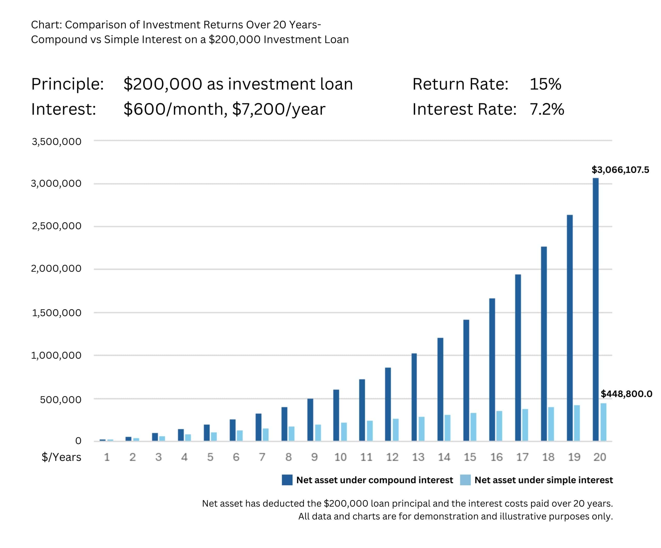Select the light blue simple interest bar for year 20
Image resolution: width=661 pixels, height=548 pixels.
[x=603, y=422]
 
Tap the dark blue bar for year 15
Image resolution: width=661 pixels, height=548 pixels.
[x=466, y=380]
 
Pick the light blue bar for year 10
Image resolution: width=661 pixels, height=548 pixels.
[x=344, y=431]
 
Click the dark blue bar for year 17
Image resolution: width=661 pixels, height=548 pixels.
[x=518, y=358]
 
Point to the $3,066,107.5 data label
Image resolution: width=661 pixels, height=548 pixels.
[x=620, y=170]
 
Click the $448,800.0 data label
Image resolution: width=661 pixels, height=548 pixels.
[x=626, y=394]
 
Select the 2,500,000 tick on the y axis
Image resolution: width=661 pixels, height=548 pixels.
[x=56, y=226]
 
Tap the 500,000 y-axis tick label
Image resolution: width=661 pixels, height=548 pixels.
[x=60, y=400]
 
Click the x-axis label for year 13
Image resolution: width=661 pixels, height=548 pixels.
[x=418, y=457]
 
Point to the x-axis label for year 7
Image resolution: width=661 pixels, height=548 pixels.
[x=262, y=457]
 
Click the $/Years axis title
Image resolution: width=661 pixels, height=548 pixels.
[x=61, y=457]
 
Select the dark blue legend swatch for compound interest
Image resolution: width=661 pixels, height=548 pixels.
[x=287, y=480]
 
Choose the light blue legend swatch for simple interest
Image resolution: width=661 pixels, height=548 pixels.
[x=465, y=480]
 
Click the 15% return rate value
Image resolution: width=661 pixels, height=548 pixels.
[x=545, y=84]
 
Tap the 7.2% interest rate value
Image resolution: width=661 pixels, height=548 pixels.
[x=547, y=109]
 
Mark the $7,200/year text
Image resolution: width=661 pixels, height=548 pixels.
[x=279, y=109]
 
